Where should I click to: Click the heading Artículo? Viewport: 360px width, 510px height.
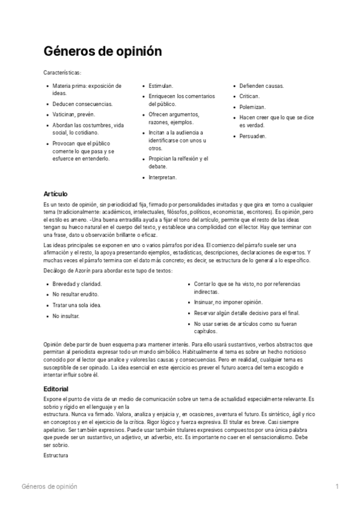56,194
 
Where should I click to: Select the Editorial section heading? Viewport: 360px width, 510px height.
56,389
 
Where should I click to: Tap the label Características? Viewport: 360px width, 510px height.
66,72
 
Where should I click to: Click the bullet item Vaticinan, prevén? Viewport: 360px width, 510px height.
73,114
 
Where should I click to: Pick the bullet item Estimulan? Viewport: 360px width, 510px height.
161,86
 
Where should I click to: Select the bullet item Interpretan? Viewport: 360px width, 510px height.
163,177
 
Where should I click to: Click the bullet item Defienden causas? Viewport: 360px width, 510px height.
261,86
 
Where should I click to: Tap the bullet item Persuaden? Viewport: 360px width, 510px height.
253,136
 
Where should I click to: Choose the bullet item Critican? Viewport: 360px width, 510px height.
249,96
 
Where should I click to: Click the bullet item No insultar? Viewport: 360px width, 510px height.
66,316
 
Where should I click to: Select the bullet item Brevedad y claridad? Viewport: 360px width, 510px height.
77,283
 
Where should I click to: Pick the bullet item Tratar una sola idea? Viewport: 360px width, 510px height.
77,305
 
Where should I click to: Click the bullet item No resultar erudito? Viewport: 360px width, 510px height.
76,294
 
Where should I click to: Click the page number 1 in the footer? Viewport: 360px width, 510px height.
337,486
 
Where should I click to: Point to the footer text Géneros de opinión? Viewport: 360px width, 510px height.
49,486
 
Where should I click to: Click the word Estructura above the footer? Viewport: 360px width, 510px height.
56,456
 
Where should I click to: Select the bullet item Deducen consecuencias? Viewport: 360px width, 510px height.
82,103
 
